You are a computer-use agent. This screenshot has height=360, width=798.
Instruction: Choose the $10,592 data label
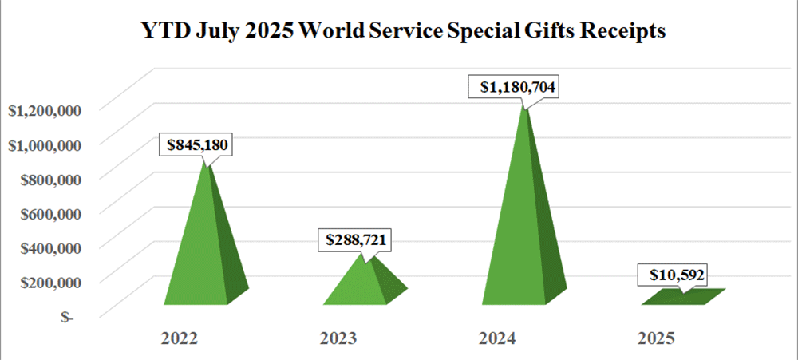click(674, 276)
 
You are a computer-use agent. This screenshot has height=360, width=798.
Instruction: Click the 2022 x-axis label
click(180, 338)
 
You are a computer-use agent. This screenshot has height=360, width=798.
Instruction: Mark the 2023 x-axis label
click(339, 338)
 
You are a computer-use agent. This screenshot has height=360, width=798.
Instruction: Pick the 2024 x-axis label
click(498, 338)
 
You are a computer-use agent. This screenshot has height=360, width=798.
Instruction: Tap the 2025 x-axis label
click(657, 338)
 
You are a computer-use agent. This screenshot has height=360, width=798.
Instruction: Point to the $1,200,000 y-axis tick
click(44, 110)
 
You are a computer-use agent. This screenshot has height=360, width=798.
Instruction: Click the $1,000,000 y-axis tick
click(44, 144)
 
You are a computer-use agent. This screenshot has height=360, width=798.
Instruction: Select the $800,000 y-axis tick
click(49, 179)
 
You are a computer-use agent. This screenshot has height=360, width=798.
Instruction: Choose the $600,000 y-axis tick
click(49, 213)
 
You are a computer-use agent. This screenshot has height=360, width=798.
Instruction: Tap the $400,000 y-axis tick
click(49, 247)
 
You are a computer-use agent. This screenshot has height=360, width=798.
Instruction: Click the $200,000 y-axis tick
click(49, 282)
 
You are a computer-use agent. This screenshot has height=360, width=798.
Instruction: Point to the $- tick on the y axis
click(67, 316)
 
